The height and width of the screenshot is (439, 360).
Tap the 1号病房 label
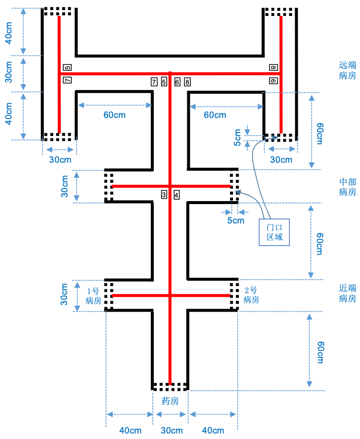94,296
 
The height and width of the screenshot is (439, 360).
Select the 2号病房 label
251,295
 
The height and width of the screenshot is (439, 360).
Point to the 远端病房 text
348,70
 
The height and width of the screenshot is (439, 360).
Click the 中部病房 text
348,187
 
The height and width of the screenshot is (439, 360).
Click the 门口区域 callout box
274,232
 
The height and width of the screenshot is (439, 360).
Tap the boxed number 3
163,195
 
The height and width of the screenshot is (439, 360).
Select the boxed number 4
176,195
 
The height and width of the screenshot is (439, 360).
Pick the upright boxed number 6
177,82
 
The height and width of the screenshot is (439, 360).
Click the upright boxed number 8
187,82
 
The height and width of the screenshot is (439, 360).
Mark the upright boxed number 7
154,82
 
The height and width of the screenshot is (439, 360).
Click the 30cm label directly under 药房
170,431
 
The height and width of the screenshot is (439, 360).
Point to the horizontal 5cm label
236,219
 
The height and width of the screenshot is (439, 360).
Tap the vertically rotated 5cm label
238,138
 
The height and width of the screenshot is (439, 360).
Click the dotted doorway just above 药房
170,386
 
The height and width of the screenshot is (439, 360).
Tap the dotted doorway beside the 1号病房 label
109,296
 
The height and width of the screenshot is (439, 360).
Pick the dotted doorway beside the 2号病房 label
234,296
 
